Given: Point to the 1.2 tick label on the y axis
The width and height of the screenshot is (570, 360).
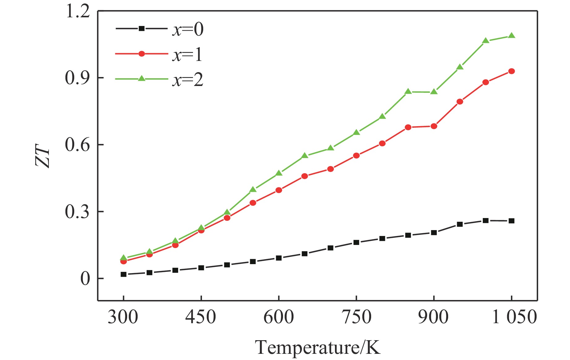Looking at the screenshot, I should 78,12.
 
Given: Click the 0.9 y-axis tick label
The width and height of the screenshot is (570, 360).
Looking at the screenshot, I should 78,78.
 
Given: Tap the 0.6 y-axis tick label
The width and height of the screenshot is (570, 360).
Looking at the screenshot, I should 78,145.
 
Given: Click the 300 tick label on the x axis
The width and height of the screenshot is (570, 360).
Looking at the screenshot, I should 123,317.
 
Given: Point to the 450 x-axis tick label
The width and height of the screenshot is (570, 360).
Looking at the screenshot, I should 201,317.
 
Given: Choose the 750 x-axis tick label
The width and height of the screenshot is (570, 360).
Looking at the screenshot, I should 356,317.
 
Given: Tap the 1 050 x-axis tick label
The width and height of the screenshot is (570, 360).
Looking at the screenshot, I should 514,317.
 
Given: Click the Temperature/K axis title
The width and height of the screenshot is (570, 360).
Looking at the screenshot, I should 318,347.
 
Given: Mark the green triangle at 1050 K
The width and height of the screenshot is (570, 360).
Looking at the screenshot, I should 512,36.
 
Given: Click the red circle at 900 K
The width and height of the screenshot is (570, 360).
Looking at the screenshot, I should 434,126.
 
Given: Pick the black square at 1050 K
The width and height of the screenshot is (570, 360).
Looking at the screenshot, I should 512,221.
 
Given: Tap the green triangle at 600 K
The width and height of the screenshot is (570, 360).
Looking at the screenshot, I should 279,173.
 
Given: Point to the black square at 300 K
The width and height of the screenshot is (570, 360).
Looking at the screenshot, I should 123,274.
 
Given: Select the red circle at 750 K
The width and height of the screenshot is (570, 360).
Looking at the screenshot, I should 356,156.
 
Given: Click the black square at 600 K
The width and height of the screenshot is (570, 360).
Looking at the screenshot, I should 279,258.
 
